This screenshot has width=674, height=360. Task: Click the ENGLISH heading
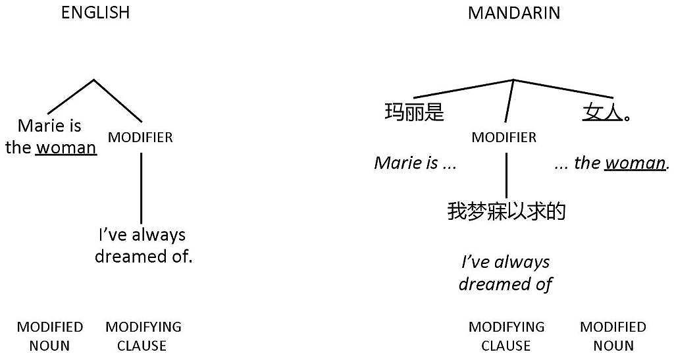pyautogui.click(x=95, y=13)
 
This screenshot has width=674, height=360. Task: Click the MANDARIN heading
pyautogui.click(x=514, y=13)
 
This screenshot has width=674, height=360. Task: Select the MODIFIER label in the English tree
pyautogui.click(x=140, y=138)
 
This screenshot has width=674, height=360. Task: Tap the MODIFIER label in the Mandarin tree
pyautogui.click(x=504, y=138)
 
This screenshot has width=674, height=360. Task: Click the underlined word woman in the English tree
pyautogui.click(x=66, y=148)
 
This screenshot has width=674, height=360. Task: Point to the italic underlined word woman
pyautogui.click(x=635, y=163)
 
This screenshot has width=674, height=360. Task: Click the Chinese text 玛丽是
pyautogui.click(x=414, y=113)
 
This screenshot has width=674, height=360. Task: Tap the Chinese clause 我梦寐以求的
pyautogui.click(x=506, y=211)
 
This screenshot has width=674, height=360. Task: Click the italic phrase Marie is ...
pyautogui.click(x=406, y=163)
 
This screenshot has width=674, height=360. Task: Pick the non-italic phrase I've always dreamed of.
pyautogui.click(x=143, y=245)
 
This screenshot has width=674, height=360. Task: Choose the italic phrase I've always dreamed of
pyautogui.click(x=505, y=273)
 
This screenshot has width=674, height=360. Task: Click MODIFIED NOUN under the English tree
pyautogui.click(x=50, y=336)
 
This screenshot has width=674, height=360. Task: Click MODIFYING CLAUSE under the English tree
pyautogui.click(x=143, y=336)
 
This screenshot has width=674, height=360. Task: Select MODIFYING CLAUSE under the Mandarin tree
pyautogui.click(x=506, y=336)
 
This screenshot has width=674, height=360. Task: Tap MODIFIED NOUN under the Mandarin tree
pyautogui.click(x=613, y=336)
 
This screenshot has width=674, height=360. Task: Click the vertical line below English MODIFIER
pyautogui.click(x=141, y=189)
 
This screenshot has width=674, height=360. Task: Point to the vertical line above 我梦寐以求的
pyautogui.click(x=506, y=175)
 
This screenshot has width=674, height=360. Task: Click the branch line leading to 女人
pyautogui.click(x=563, y=89)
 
